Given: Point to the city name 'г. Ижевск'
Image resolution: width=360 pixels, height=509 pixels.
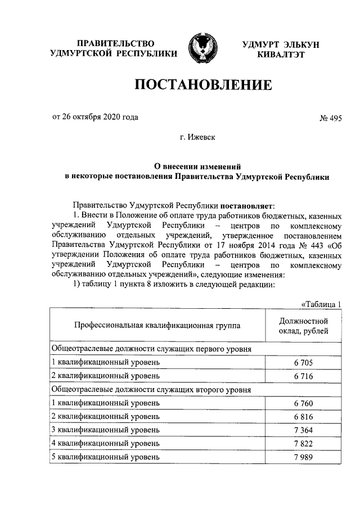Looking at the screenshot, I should coord(197,137).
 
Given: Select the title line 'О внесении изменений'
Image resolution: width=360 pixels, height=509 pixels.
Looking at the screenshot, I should coord(197,166).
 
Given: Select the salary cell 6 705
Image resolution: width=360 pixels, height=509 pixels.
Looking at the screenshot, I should coord(303,362).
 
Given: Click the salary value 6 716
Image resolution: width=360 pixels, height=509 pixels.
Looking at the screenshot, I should coord(303,375).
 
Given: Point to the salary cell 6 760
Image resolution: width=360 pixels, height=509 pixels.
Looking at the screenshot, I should coord(303,403).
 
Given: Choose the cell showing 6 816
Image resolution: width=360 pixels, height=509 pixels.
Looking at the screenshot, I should coord(303,417).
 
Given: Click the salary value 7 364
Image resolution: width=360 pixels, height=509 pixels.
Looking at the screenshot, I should coord(303,430).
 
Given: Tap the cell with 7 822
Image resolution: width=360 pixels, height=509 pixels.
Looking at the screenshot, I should coord(303,444).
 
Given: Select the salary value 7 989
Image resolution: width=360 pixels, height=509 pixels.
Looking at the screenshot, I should coord(303,457).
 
